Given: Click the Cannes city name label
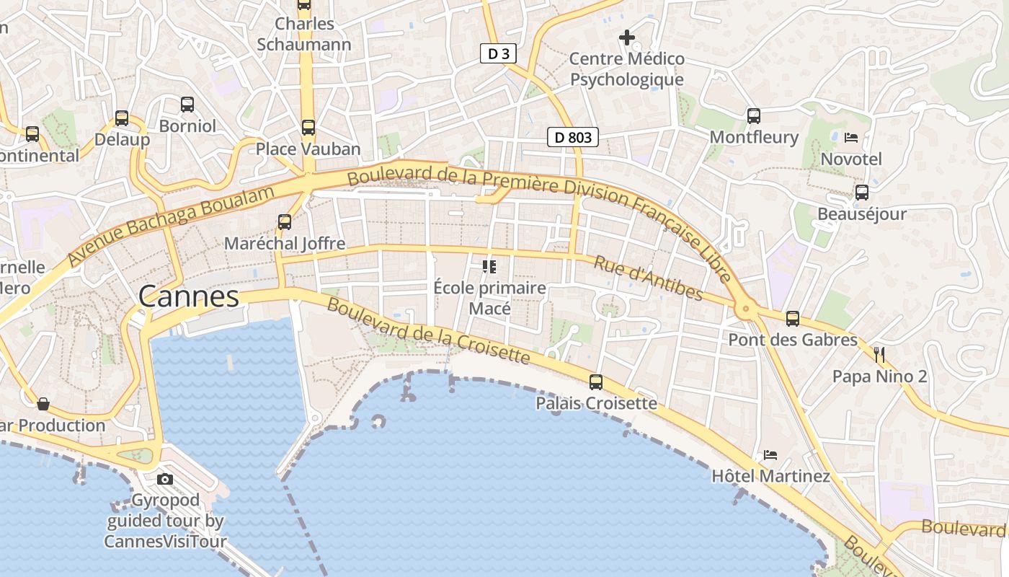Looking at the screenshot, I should (x=189, y=296).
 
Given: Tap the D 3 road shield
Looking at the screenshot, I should (x=498, y=53).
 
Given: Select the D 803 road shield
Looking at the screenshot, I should (x=573, y=137).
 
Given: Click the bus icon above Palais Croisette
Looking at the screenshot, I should (x=596, y=382).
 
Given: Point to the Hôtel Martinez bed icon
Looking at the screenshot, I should (x=770, y=455).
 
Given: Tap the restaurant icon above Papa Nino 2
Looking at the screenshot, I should (x=879, y=354).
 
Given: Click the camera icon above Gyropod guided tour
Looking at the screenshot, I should (x=165, y=479).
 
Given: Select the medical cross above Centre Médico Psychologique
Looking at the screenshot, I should (x=627, y=37).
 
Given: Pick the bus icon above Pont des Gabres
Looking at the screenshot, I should (x=793, y=318).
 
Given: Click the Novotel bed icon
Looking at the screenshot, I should (x=851, y=137).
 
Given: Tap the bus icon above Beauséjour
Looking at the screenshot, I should (x=861, y=193).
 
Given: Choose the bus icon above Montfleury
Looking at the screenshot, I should (x=754, y=115).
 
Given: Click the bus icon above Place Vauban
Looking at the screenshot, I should (x=308, y=128).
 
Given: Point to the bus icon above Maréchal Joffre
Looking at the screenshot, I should (x=285, y=222).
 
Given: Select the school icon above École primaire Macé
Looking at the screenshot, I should (x=489, y=268).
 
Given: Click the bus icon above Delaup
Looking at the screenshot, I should (x=122, y=118).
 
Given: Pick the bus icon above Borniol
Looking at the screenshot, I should (x=187, y=105).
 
